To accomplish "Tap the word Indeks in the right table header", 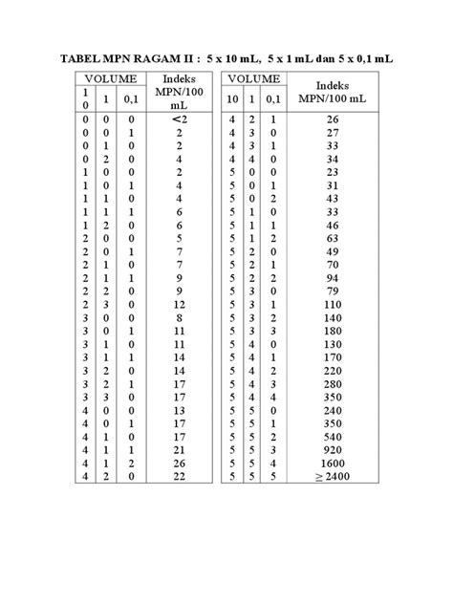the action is [334, 84].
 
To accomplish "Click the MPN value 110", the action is [334, 303].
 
